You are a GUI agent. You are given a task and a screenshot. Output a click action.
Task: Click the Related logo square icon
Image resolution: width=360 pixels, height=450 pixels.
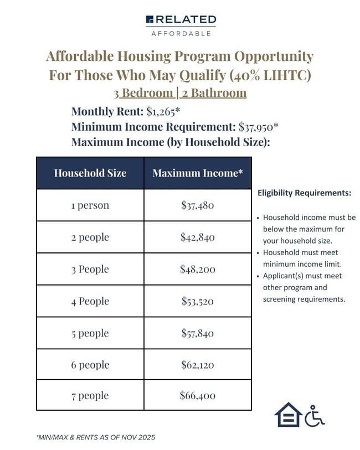tap(150, 20)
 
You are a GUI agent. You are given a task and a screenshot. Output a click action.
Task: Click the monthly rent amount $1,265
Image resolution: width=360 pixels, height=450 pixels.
tap(163, 111)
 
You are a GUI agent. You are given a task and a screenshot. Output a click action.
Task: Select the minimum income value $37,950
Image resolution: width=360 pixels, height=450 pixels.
tap(258, 126)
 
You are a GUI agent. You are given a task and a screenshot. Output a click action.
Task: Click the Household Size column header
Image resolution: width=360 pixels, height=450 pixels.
tap(90, 173)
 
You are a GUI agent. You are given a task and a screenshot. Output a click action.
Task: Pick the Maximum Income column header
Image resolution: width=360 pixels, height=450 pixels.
tap(198, 173)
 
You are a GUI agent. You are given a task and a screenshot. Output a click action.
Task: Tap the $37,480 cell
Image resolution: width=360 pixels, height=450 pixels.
tap(197, 205)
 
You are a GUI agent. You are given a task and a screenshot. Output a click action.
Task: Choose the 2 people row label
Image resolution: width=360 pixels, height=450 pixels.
tap(90, 237)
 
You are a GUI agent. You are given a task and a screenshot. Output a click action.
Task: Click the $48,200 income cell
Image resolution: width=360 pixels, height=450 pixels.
tap(197, 269)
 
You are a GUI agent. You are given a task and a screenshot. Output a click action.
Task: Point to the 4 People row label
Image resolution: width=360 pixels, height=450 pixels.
tap(90, 301)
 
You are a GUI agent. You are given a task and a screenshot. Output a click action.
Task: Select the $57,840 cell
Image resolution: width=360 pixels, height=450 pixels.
tap(197, 333)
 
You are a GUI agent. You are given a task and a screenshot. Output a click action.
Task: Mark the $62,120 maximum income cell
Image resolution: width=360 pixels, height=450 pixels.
tap(197, 365)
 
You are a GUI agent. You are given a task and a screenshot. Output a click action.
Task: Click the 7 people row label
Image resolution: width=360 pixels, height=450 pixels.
tap(90, 395)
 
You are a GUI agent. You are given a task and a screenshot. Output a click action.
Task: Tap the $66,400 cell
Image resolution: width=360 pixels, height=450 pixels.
tap(197, 395)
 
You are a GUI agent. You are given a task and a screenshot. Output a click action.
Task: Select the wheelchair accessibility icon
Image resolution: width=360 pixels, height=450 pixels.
tap(315, 415)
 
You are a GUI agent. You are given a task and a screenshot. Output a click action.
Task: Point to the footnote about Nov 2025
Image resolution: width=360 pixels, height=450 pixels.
tap(96, 437)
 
